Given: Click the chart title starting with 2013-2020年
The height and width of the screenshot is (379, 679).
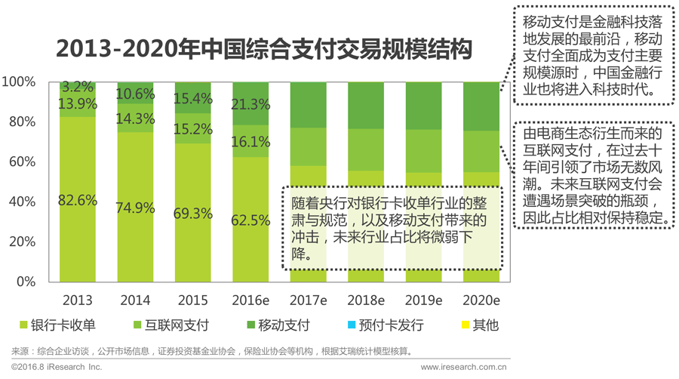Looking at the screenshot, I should [x=265, y=50].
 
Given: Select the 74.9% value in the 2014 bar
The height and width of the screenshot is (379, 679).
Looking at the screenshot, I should [x=136, y=208].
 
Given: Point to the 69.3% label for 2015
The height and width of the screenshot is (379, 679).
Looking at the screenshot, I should [x=193, y=214].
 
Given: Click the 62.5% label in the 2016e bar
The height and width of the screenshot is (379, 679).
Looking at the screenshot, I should [x=250, y=220].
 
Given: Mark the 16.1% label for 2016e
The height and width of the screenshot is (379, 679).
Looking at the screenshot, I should [x=250, y=141].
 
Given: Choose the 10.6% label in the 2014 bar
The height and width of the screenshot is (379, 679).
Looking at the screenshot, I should [x=136, y=94].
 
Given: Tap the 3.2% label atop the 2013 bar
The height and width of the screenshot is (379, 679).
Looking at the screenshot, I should [x=78, y=86].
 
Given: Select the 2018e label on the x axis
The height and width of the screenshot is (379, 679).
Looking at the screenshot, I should [x=366, y=300].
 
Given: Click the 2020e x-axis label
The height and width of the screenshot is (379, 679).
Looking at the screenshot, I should [x=481, y=300].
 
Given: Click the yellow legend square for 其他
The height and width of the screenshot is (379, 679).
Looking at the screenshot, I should [x=462, y=326].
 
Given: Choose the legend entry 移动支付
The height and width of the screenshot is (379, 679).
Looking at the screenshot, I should [x=276, y=326].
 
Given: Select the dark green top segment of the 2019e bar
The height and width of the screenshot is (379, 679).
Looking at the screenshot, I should [x=423, y=106].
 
